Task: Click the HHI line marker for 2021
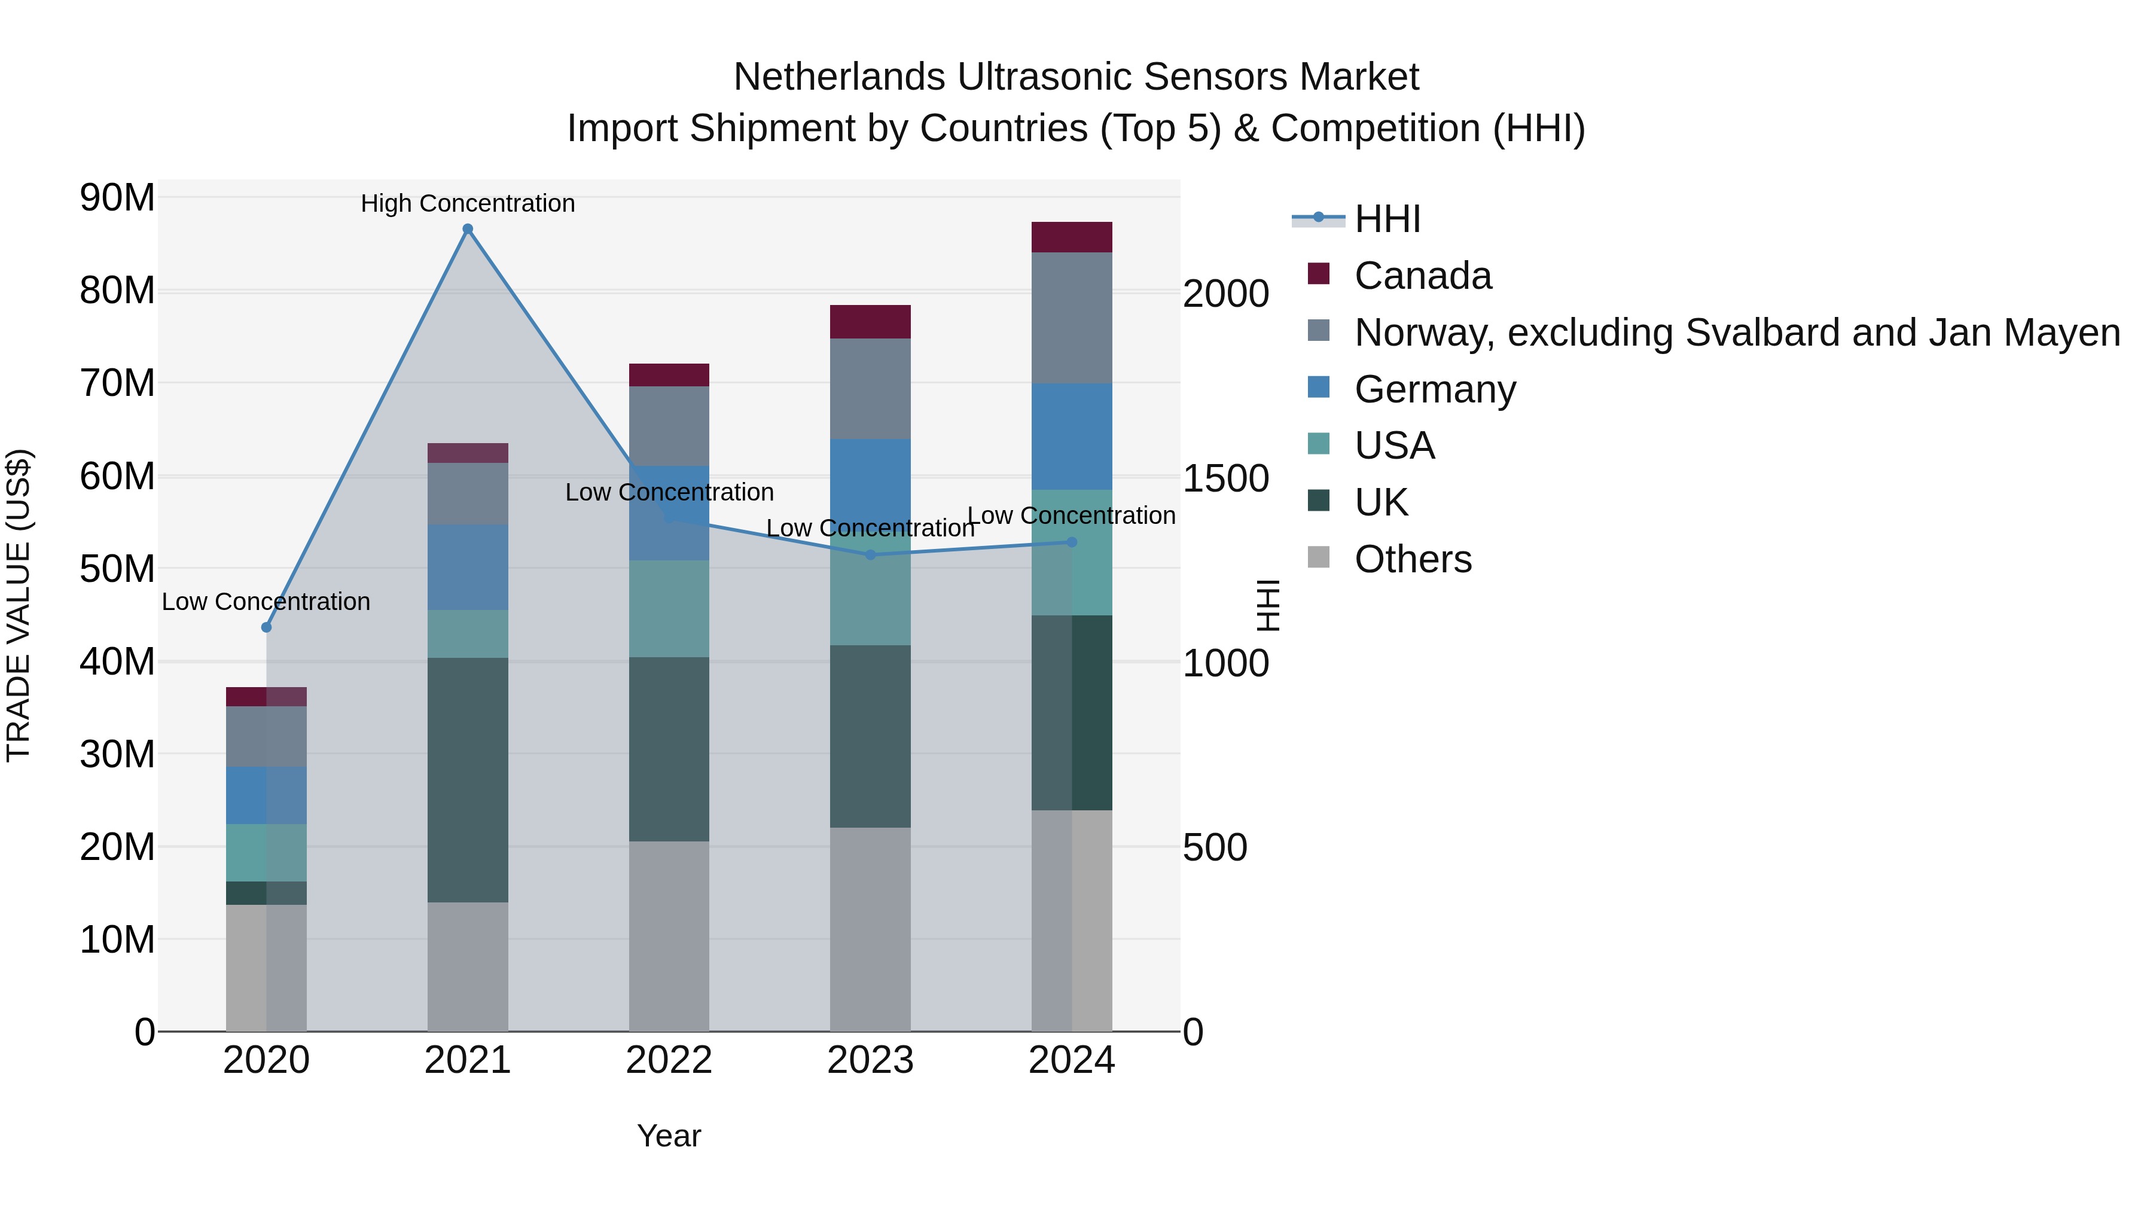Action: tap(468, 229)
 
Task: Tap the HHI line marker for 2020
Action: tap(267, 627)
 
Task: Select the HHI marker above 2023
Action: tap(870, 555)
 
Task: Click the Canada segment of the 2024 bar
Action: tap(1072, 237)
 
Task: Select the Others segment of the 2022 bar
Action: tap(669, 936)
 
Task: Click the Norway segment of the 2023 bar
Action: tap(870, 389)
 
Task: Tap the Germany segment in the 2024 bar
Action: tap(1072, 437)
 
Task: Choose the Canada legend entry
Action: tap(1423, 276)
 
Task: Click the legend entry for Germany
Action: tap(1434, 389)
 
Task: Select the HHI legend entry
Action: tap(1387, 219)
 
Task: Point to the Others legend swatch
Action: tap(1318, 557)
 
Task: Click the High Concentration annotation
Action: tap(468, 203)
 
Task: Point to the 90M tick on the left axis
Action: tap(117, 198)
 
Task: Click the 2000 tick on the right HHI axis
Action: tap(1225, 294)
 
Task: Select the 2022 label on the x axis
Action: tap(669, 1060)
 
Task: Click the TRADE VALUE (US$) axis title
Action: tap(19, 605)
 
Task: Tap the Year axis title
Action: tap(669, 1136)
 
